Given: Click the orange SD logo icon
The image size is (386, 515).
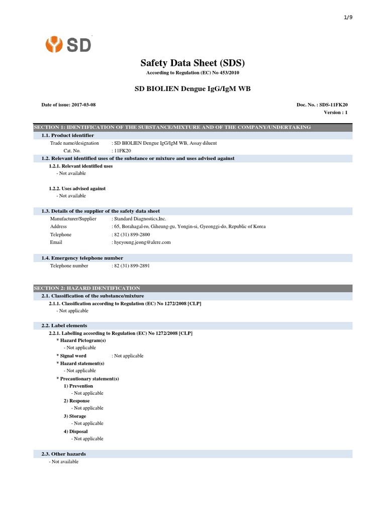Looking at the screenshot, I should point(54,45).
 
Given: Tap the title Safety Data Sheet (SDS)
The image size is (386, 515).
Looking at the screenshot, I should point(192,63).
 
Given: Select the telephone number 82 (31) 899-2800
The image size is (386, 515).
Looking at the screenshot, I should point(132,234).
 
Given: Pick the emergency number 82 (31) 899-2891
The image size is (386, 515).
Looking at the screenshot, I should point(132,266).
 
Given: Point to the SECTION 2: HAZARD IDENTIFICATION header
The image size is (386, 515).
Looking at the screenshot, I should point(87,288).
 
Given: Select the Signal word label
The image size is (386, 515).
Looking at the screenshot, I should point(73,356).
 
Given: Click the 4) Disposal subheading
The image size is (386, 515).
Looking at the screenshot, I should point(76,432).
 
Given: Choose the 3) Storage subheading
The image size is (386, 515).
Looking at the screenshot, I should point(75,416).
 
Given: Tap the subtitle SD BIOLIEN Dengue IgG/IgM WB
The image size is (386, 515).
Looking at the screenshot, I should point(192,89).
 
